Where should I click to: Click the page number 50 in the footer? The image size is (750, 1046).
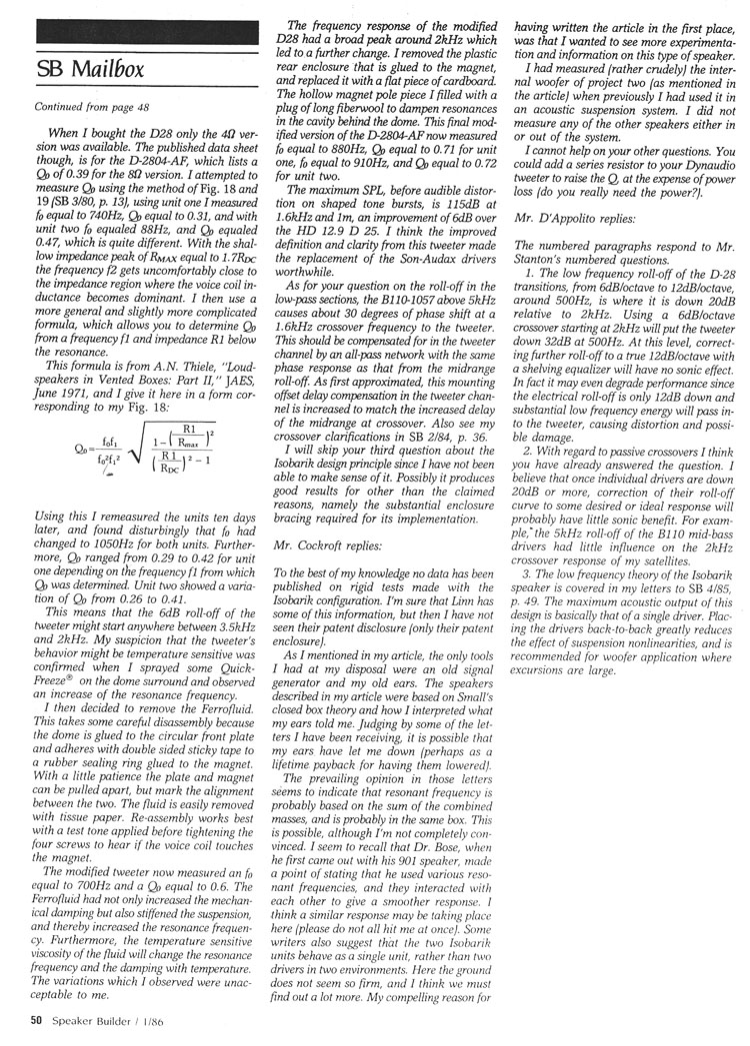35,1019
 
